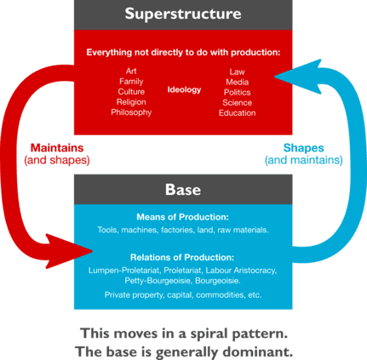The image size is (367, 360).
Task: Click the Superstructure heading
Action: point(183,14)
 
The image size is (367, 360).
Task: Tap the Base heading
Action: point(183,190)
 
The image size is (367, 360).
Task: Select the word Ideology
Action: point(184,90)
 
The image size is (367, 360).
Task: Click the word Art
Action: point(131,71)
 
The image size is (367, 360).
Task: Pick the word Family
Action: point(131,82)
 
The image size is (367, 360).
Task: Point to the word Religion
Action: point(131,102)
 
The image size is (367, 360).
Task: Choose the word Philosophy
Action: point(131,112)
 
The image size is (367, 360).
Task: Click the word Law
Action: point(237,71)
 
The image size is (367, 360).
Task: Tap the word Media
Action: point(237,82)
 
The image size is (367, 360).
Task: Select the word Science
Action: point(237,102)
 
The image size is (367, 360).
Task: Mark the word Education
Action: point(237,113)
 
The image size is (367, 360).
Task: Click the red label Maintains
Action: point(57,148)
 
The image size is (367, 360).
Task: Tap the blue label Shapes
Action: point(304,148)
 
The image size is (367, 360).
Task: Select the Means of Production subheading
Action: point(183,217)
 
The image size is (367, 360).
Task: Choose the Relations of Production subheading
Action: point(182,257)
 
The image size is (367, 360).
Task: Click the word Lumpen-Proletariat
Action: point(124,271)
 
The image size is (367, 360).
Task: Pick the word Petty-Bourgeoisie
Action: point(158,281)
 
